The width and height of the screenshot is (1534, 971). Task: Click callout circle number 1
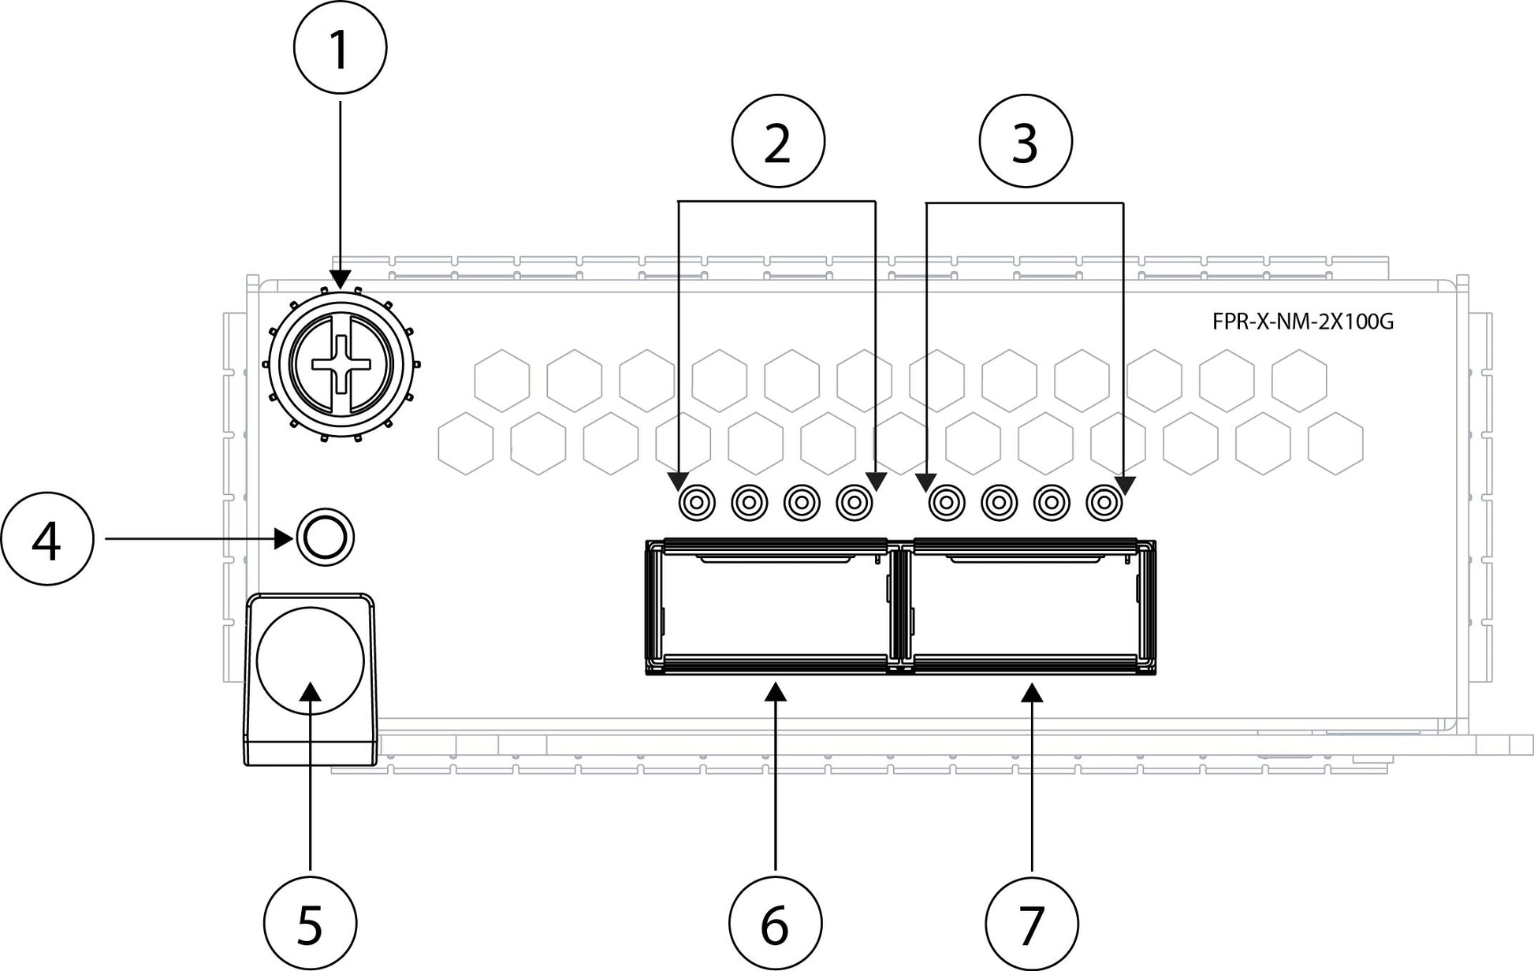point(340,49)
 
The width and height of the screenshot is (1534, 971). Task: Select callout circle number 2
point(778,142)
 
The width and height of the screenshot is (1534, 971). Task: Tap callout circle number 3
point(1025,142)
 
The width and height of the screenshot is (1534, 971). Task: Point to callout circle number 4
point(47,539)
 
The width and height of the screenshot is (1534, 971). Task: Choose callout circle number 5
point(310,922)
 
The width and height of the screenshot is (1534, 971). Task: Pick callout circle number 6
point(775,922)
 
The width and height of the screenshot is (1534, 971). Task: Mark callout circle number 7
point(1032,922)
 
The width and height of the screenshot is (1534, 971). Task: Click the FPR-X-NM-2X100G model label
point(1302,322)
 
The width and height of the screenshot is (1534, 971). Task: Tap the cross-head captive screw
point(341,363)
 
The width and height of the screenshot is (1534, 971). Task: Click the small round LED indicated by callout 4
point(325,538)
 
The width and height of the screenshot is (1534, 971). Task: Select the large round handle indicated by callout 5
point(311,660)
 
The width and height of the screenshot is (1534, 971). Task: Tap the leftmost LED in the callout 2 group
point(697,501)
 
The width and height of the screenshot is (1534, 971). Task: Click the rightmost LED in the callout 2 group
point(854,501)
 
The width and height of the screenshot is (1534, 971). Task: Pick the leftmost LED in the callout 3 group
point(946,501)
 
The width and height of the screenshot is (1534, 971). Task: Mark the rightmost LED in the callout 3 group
point(1104,501)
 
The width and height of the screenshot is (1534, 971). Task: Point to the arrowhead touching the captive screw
point(341,279)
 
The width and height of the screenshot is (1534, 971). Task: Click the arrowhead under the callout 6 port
point(776,692)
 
